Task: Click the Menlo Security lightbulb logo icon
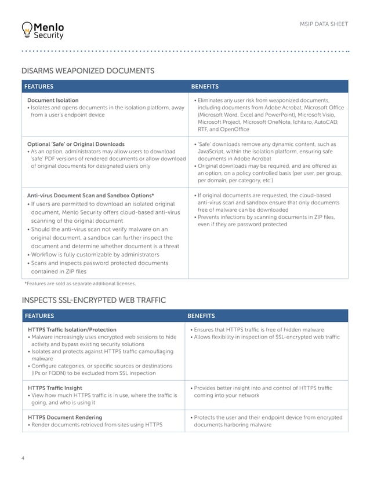(26, 30)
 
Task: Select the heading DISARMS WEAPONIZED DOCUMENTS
(88, 71)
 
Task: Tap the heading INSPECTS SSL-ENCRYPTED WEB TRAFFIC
(93, 300)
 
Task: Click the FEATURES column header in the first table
(39, 87)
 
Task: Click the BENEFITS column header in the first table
(205, 87)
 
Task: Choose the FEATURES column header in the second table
(39, 316)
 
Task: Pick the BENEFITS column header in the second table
(201, 316)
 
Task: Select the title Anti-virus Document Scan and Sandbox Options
(90, 195)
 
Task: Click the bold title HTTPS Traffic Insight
(55, 388)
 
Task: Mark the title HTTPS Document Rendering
(65, 417)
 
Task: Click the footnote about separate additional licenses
(80, 284)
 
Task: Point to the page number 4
(23, 459)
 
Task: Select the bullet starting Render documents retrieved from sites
(96, 425)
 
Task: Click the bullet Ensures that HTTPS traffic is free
(257, 330)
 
